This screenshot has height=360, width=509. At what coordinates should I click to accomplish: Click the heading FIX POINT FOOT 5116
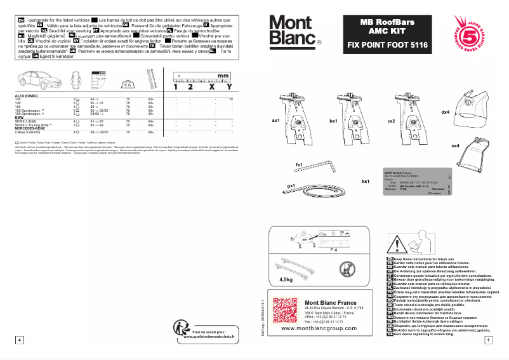click(x=387, y=45)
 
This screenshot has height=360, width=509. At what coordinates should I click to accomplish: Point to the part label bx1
click(x=333, y=120)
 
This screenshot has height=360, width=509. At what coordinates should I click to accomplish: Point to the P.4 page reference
click(x=333, y=250)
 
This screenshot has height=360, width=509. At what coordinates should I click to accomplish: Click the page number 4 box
click(x=20, y=340)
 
